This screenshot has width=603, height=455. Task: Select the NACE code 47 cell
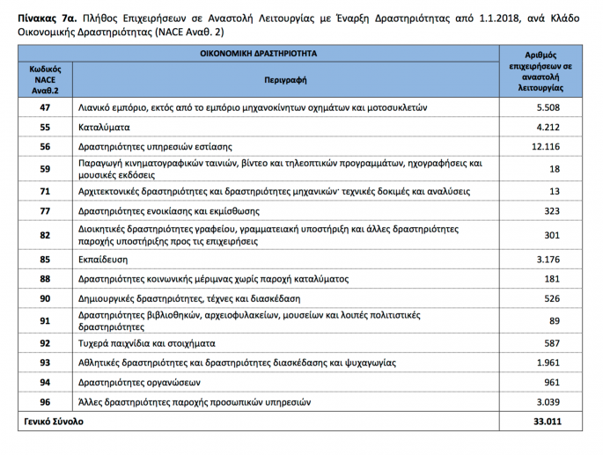pos(45,107)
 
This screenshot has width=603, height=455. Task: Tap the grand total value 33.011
pos(546,422)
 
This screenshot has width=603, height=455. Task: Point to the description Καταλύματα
pos(105,127)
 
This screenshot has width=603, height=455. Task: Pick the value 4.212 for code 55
pos(548,127)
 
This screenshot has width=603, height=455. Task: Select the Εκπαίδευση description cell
pos(104,260)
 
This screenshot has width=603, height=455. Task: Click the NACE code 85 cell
pos(45,260)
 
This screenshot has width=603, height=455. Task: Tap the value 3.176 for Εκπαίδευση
pos(548,260)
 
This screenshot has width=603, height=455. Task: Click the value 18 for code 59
pos(554,168)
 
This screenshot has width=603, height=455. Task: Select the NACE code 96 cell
pos(45,401)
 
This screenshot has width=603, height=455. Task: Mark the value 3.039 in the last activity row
pos(548,401)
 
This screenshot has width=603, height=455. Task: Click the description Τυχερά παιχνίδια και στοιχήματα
pos(147,343)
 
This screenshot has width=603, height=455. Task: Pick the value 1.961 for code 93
pos(548,363)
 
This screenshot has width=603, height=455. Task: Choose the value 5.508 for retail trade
pos(548,107)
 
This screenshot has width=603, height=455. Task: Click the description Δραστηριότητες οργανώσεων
pos(140,382)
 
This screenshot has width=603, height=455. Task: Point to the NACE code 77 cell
pos(45,210)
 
